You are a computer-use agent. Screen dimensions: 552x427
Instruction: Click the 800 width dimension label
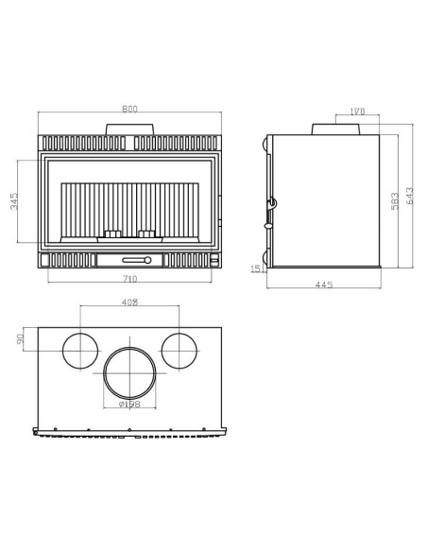click(130, 110)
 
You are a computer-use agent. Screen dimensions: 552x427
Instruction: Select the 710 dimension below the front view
click(130, 279)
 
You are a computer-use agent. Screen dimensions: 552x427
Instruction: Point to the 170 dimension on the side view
click(357, 112)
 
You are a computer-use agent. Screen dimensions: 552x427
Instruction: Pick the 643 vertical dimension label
click(408, 196)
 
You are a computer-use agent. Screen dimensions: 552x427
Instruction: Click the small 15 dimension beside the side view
click(255, 268)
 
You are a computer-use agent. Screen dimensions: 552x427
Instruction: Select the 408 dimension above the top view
click(130, 302)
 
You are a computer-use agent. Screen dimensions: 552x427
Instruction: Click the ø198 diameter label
click(130, 405)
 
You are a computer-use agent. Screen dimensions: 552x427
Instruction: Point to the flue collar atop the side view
click(350, 127)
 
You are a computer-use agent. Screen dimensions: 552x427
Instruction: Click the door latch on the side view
click(272, 202)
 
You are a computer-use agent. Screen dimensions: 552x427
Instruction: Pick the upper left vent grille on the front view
click(81, 144)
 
